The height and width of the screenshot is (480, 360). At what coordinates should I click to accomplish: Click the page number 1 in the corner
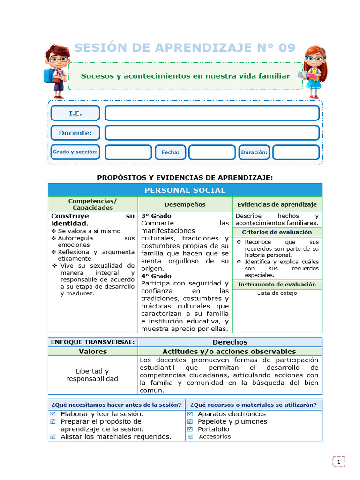point(338,462)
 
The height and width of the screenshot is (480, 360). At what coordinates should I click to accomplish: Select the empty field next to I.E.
point(212,113)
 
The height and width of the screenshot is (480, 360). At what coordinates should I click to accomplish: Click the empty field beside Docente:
point(212,133)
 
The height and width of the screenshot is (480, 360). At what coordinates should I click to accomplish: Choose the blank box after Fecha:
point(212,152)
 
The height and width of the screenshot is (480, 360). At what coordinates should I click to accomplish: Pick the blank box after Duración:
point(296,152)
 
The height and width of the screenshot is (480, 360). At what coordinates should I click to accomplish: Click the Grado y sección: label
point(75,152)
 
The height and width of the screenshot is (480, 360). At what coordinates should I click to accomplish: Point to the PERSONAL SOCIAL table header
point(185,190)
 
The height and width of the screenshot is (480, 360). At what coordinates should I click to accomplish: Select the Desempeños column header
point(185,204)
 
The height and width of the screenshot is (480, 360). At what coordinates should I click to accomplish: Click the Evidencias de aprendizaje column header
point(277,204)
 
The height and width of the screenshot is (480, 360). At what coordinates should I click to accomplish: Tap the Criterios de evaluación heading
point(277,232)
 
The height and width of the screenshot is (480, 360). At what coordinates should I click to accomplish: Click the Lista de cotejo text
point(277,293)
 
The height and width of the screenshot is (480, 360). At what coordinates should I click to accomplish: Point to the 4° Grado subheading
point(157,276)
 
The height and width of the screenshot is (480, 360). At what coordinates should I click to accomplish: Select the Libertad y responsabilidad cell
point(92,375)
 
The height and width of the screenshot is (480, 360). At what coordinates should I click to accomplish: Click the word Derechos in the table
point(230,342)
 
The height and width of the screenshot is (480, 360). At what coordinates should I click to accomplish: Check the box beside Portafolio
point(190,429)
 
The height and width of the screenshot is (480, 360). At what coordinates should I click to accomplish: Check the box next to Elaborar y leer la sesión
point(53,414)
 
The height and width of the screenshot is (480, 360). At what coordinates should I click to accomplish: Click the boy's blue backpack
point(48,75)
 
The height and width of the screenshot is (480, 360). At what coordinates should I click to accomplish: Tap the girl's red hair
point(322,61)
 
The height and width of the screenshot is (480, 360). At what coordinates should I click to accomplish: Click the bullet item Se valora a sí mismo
point(89,231)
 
